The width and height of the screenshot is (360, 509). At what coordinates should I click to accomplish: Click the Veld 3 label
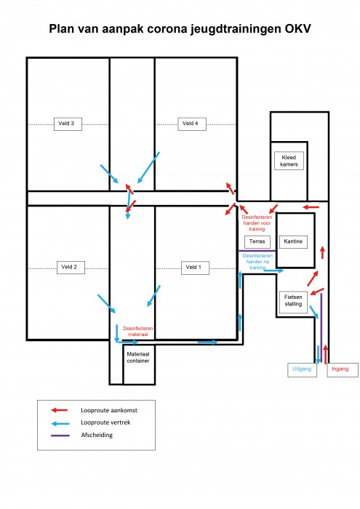tap(68, 124)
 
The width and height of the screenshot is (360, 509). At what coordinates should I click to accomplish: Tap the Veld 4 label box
tap(192, 124)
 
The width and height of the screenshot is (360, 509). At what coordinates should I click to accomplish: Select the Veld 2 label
tap(71, 268)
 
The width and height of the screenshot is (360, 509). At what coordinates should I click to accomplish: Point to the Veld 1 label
tap(195, 268)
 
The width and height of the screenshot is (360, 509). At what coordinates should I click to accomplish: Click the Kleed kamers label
tap(289, 161)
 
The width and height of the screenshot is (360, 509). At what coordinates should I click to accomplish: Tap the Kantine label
tap(293, 242)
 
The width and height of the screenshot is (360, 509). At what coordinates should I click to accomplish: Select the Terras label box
tap(257, 242)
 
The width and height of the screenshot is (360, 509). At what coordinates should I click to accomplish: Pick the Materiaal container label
tap(138, 358)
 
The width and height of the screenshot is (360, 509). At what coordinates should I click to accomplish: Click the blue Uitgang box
tap(303, 369)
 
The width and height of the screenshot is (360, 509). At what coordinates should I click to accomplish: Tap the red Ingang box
tap(343, 369)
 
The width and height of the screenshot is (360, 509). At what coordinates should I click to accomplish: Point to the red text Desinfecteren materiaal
tap(138, 331)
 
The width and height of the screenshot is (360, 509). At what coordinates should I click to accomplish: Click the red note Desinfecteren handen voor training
tap(257, 223)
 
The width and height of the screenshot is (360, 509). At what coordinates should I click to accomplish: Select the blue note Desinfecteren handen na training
tap(257, 262)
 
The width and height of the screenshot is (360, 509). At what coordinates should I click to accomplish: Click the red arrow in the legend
tap(60, 410)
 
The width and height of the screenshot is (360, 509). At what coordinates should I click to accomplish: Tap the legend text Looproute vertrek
tap(105, 422)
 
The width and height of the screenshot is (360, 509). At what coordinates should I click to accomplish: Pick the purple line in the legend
tap(60, 436)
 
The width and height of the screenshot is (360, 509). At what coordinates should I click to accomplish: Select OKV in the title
tap(298, 28)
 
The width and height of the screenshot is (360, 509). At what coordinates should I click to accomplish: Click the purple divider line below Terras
tap(257, 251)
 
